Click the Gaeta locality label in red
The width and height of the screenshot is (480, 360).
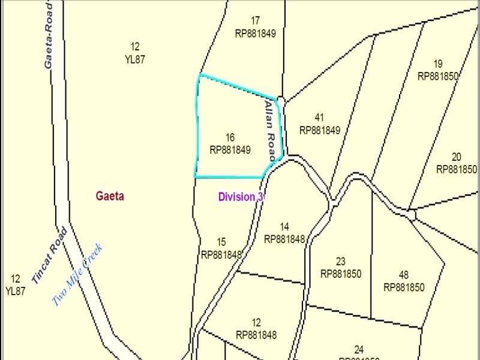pyautogui.click(x=110, y=196)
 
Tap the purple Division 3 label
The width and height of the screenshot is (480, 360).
pyautogui.click(x=241, y=197)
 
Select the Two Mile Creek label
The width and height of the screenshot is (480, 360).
pyautogui.click(x=78, y=275)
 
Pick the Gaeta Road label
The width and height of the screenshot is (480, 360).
pyautogui.click(x=50, y=34)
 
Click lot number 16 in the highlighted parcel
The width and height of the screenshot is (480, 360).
pyautogui.click(x=230, y=138)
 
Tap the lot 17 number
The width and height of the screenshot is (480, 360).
pyautogui.click(x=255, y=20)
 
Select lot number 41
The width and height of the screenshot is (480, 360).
pyautogui.click(x=320, y=118)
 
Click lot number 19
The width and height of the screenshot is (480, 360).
pyautogui.click(x=438, y=64)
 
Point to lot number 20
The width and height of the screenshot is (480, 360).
pyautogui.click(x=457, y=157)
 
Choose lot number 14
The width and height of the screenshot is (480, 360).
pyautogui.click(x=284, y=227)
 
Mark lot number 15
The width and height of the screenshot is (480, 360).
pyautogui.click(x=221, y=242)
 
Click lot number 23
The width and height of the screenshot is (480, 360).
pyautogui.click(x=341, y=262)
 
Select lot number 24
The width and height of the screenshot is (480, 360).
pyautogui.click(x=359, y=349)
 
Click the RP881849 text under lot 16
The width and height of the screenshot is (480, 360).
pyautogui.click(x=230, y=150)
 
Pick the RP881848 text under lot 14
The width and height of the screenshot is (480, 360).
pyautogui.click(x=284, y=239)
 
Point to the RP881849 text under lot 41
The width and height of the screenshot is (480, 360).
pyautogui.click(x=320, y=130)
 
